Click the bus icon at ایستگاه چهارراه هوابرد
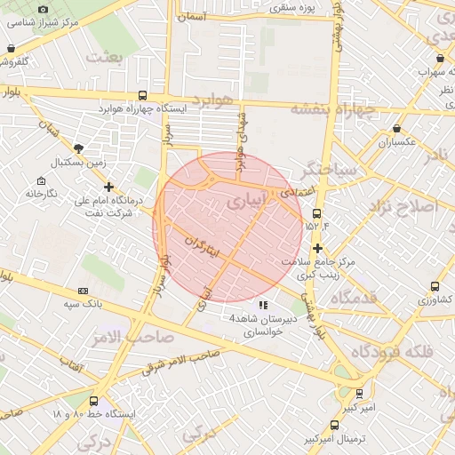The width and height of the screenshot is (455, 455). point(143,95)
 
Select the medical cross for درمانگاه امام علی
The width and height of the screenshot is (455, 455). point(108,188)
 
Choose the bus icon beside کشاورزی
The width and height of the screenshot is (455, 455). point(435,286)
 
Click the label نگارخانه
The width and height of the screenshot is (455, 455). point(41,194)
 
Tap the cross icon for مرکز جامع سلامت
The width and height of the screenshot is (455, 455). point(317,248)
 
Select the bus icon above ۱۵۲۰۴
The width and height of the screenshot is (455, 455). point(317,214)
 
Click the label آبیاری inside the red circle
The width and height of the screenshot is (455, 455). point(245,202)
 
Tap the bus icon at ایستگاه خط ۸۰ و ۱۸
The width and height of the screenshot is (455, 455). point(95,400)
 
